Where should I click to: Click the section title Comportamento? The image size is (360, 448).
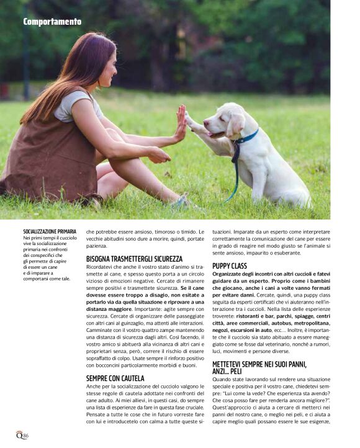coord(52,22)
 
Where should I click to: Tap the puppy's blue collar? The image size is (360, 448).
coord(246,138)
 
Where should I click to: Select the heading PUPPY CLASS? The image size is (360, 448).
coord(230,266)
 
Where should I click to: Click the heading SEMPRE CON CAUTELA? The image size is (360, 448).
coord(115,378)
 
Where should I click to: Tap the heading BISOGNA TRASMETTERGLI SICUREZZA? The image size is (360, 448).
coord(134,258)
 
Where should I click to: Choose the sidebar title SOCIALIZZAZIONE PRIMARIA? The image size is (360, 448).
coord(50,231)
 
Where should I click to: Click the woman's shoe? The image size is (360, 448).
coord(181,202)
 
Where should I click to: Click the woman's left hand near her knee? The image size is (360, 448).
coord(159,155)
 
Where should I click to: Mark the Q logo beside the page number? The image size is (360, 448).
coord(19,436)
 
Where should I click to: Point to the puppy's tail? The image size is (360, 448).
coord(305,199)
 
